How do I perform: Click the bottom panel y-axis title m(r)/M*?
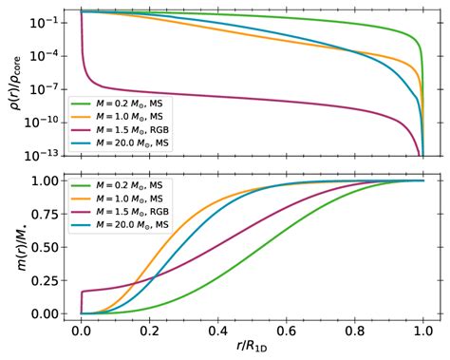[14, 246]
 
